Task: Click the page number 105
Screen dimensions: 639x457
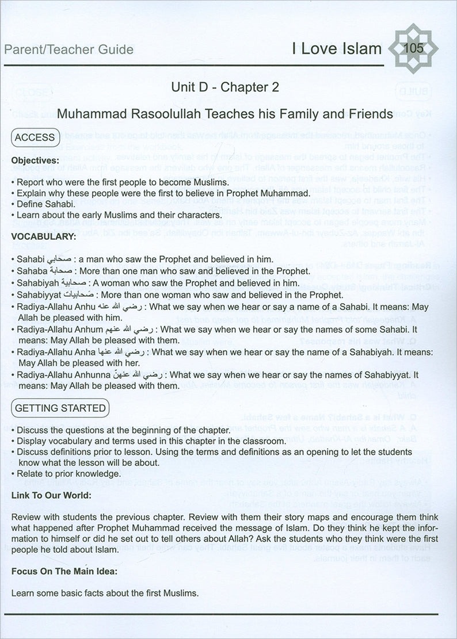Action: pyautogui.click(x=414, y=48)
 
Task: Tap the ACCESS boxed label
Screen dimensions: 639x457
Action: pyautogui.click(x=35, y=138)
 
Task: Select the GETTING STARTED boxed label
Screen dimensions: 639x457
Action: pyautogui.click(x=60, y=408)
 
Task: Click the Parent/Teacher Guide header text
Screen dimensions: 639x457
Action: pyautogui.click(x=68, y=49)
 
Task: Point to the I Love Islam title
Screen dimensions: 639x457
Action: pyautogui.click(x=336, y=49)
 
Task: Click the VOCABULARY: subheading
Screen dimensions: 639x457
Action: pyautogui.click(x=44, y=236)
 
